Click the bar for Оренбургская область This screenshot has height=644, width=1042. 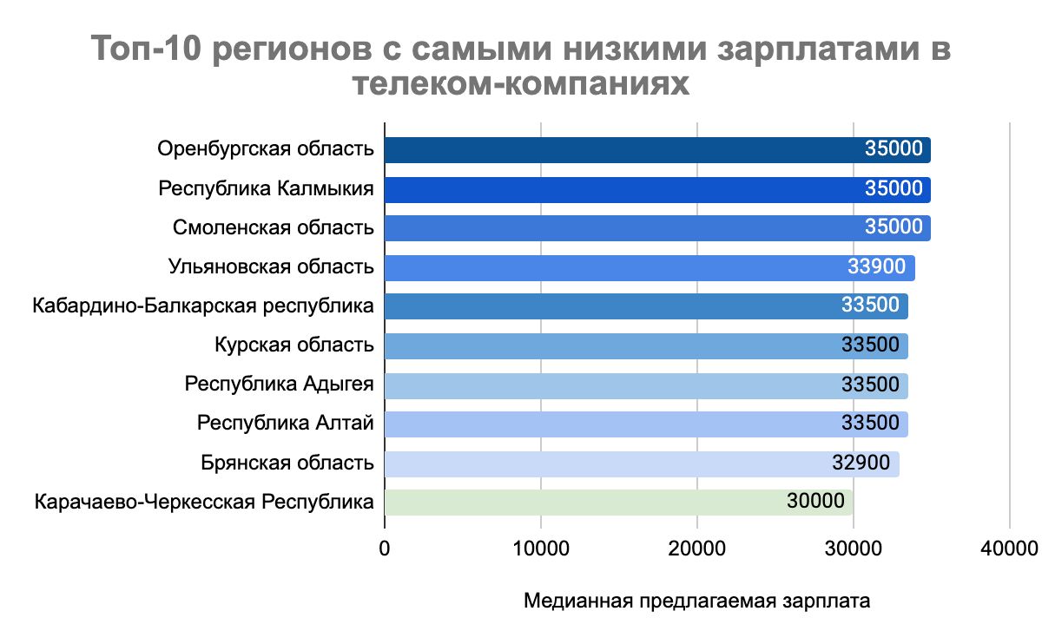click(608, 150)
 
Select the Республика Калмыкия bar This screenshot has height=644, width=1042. click(608, 189)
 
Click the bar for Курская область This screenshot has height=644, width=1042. click(608, 345)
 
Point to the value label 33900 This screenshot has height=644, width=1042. click(876, 267)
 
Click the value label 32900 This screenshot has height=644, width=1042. click(861, 463)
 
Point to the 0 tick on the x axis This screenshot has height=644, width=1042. click(385, 548)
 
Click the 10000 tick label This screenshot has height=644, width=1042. click(540, 548)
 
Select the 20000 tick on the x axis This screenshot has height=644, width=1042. click(696, 548)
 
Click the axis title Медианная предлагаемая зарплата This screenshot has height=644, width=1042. click(696, 601)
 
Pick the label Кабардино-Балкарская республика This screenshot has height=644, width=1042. click(203, 306)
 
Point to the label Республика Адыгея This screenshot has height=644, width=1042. click(279, 385)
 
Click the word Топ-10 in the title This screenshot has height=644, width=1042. click(142, 49)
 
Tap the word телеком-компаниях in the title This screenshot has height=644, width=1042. click(521, 85)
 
